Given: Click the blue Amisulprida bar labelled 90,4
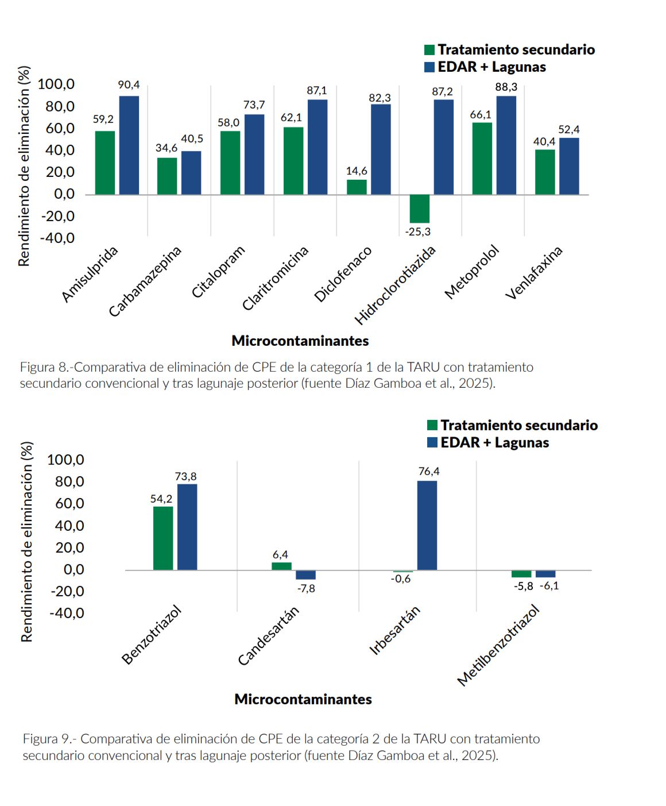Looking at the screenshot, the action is [129, 145].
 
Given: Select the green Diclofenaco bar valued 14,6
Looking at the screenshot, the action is [357, 187].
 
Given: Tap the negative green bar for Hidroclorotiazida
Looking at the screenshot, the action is [420, 209].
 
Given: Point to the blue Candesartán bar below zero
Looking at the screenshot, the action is [305, 575].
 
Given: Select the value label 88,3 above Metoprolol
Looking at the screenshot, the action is [506, 87].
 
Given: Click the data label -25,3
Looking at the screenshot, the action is [417, 232].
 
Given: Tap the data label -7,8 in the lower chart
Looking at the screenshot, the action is [306, 588].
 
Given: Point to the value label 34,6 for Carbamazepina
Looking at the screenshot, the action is [166, 148].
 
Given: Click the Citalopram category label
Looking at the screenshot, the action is [218, 272].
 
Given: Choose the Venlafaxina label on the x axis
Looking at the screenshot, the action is [534, 272].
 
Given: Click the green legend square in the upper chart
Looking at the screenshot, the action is [429, 50].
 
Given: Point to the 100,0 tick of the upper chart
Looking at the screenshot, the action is [56, 84].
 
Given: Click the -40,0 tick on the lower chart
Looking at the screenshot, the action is [67, 612].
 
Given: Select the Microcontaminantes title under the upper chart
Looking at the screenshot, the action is [300, 341].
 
